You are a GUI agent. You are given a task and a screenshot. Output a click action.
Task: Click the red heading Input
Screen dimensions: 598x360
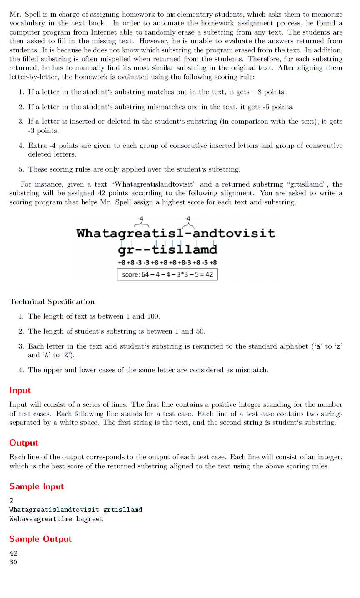20,391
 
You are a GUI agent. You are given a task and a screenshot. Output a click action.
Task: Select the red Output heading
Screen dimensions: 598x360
24,443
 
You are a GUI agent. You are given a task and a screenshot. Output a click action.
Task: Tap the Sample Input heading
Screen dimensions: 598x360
37,487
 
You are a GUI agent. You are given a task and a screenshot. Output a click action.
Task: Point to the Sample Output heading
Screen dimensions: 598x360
40,539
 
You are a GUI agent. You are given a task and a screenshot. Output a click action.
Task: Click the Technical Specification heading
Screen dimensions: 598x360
52,302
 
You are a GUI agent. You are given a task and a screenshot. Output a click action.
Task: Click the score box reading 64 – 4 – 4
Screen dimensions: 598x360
167,275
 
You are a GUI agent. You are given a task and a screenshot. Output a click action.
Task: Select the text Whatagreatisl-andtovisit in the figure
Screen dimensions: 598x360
176,233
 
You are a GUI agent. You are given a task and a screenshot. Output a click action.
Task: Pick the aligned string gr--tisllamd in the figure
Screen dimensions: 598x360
167,250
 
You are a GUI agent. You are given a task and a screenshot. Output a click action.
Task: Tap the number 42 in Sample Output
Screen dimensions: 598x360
13,553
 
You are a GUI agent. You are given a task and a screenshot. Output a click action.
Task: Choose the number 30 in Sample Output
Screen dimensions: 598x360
13,562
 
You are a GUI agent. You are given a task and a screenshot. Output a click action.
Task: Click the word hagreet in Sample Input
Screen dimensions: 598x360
90,519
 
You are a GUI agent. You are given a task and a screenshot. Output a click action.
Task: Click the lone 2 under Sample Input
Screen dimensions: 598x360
11,501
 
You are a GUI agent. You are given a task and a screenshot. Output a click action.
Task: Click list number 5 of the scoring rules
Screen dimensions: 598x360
21,169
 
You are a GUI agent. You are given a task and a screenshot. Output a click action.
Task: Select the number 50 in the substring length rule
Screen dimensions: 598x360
200,331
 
